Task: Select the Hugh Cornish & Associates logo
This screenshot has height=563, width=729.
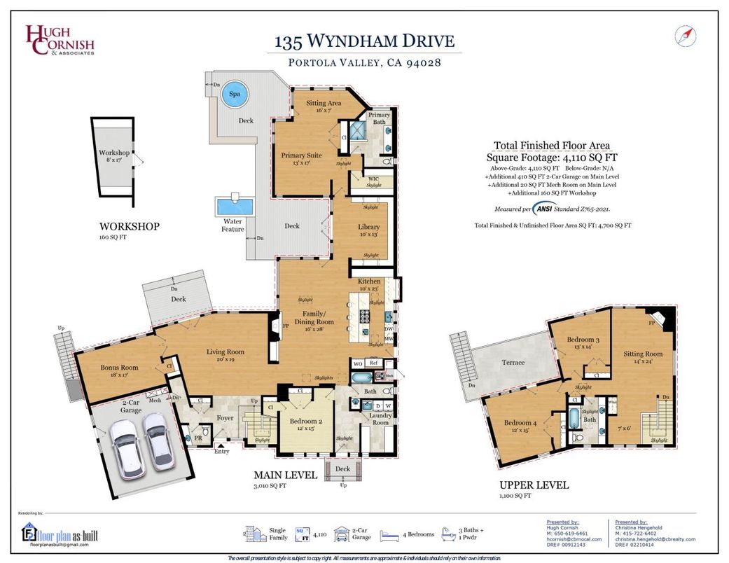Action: (x=60, y=40)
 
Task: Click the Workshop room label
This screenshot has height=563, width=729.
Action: (x=114, y=153)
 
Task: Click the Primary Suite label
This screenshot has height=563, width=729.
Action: (x=301, y=155)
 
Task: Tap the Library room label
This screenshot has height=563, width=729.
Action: (x=368, y=228)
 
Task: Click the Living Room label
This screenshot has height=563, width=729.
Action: (x=225, y=352)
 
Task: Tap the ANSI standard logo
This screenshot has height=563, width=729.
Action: (x=543, y=208)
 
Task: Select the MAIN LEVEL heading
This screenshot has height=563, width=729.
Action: (x=285, y=475)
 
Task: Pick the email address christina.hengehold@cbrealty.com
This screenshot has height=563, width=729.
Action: (x=655, y=539)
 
